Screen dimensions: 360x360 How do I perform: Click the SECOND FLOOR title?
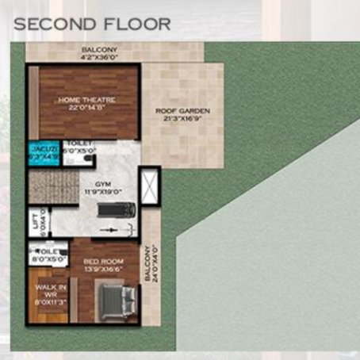click(92, 24)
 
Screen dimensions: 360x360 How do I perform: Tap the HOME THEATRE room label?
click(87, 100)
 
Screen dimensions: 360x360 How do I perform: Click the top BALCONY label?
click(98, 49)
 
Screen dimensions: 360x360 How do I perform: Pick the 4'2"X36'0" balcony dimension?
click(99, 56)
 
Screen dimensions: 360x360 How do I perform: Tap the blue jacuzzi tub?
click(44, 153)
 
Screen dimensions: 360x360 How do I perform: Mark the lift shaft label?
click(35, 221)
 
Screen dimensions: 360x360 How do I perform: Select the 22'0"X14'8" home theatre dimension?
click(87, 109)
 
